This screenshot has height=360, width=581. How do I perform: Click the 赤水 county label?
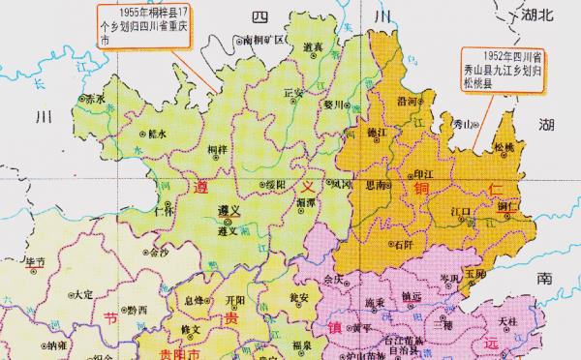[93, 99]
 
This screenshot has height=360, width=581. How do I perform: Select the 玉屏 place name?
[474, 274]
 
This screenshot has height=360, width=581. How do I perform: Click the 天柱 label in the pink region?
[507, 321]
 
